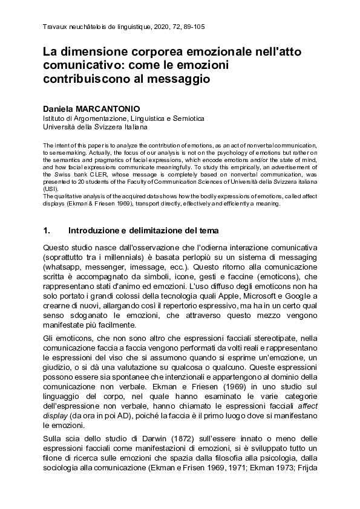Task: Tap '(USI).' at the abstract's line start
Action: click(51, 189)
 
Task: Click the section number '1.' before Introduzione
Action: click(47, 230)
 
